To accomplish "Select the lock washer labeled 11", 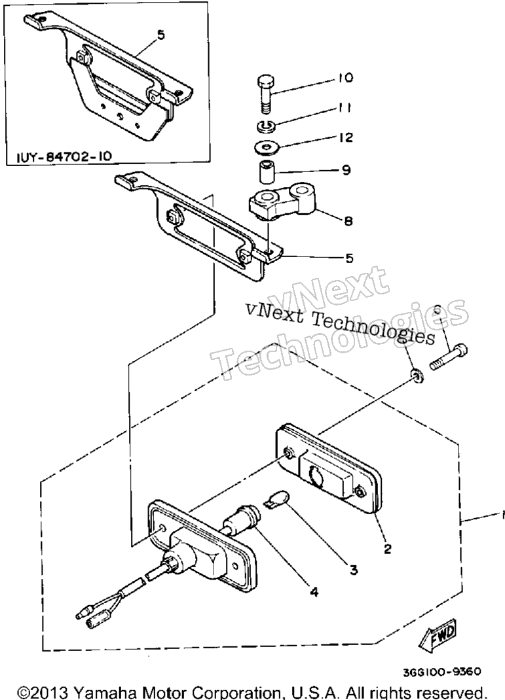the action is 267,126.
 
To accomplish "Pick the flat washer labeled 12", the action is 267,146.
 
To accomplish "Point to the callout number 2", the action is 387,548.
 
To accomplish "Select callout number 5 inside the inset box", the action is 160,35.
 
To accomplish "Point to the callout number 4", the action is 314,592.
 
